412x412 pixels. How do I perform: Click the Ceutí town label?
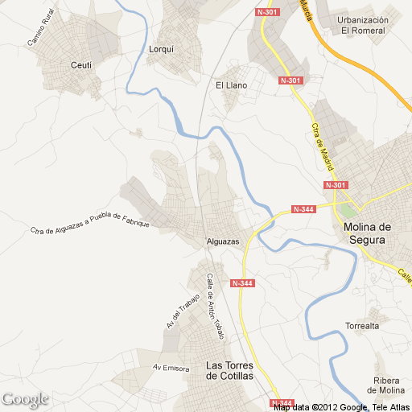tap(81, 64)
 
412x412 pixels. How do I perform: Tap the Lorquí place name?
tap(162, 48)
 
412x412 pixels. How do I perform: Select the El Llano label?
tap(231, 84)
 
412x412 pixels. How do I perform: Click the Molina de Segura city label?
tap(366, 233)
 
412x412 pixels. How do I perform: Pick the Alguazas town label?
tap(223, 241)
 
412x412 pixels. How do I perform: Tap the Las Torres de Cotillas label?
tap(230, 370)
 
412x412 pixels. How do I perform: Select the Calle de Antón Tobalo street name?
tap(214, 306)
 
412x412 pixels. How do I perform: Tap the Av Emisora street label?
tap(171, 368)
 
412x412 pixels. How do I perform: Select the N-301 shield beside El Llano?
tap(290, 80)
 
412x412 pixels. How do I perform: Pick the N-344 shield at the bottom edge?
tap(282, 402)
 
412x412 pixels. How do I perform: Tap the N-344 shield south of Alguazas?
tap(241, 283)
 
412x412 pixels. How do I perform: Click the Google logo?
tap(25, 399)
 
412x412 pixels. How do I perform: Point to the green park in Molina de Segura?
tap(346, 211)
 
